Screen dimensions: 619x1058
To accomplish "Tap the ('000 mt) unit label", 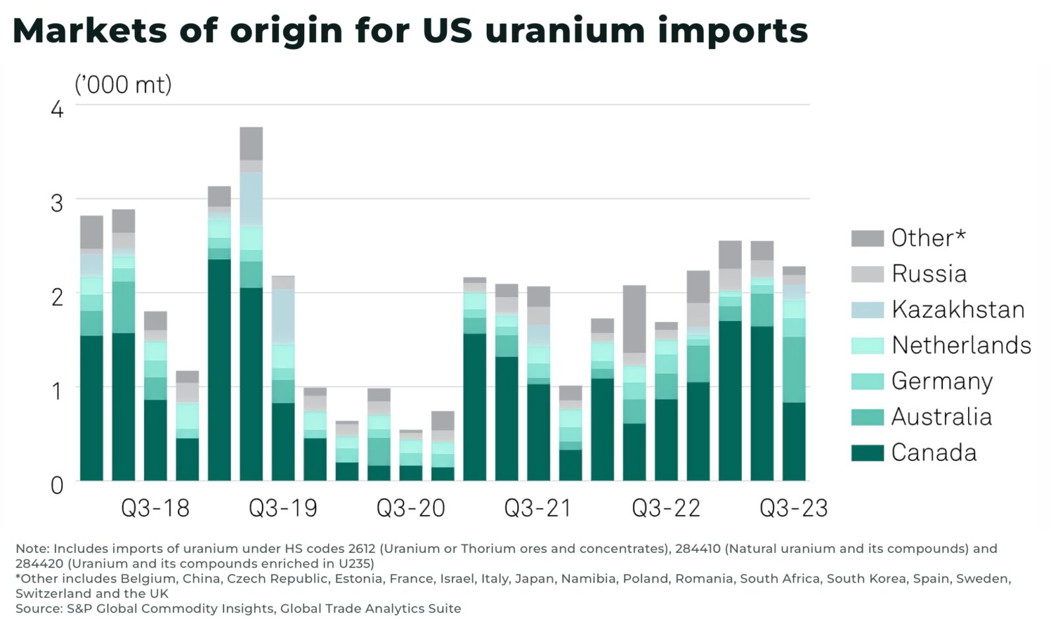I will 123,85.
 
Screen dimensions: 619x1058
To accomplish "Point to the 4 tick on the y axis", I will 58,109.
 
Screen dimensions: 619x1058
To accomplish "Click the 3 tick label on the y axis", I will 58,203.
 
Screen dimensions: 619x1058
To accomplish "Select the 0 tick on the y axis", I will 58,485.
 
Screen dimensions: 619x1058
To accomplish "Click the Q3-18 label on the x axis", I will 155,508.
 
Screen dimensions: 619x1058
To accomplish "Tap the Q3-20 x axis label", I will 411,508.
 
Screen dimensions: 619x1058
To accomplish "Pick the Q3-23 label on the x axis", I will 793,508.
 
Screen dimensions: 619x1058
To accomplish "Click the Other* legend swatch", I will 867,238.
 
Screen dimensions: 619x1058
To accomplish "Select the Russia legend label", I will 929,274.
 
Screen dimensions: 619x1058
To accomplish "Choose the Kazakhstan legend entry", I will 957,309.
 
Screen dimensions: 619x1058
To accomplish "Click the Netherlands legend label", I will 961,345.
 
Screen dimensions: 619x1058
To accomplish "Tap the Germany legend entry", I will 942,381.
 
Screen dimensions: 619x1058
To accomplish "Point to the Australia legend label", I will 942,417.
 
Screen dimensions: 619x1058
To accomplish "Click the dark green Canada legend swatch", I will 867,453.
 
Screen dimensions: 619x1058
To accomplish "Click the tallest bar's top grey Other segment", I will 251,143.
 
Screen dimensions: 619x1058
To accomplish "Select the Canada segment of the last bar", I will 793,441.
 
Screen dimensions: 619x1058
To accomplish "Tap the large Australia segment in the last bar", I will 793,369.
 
